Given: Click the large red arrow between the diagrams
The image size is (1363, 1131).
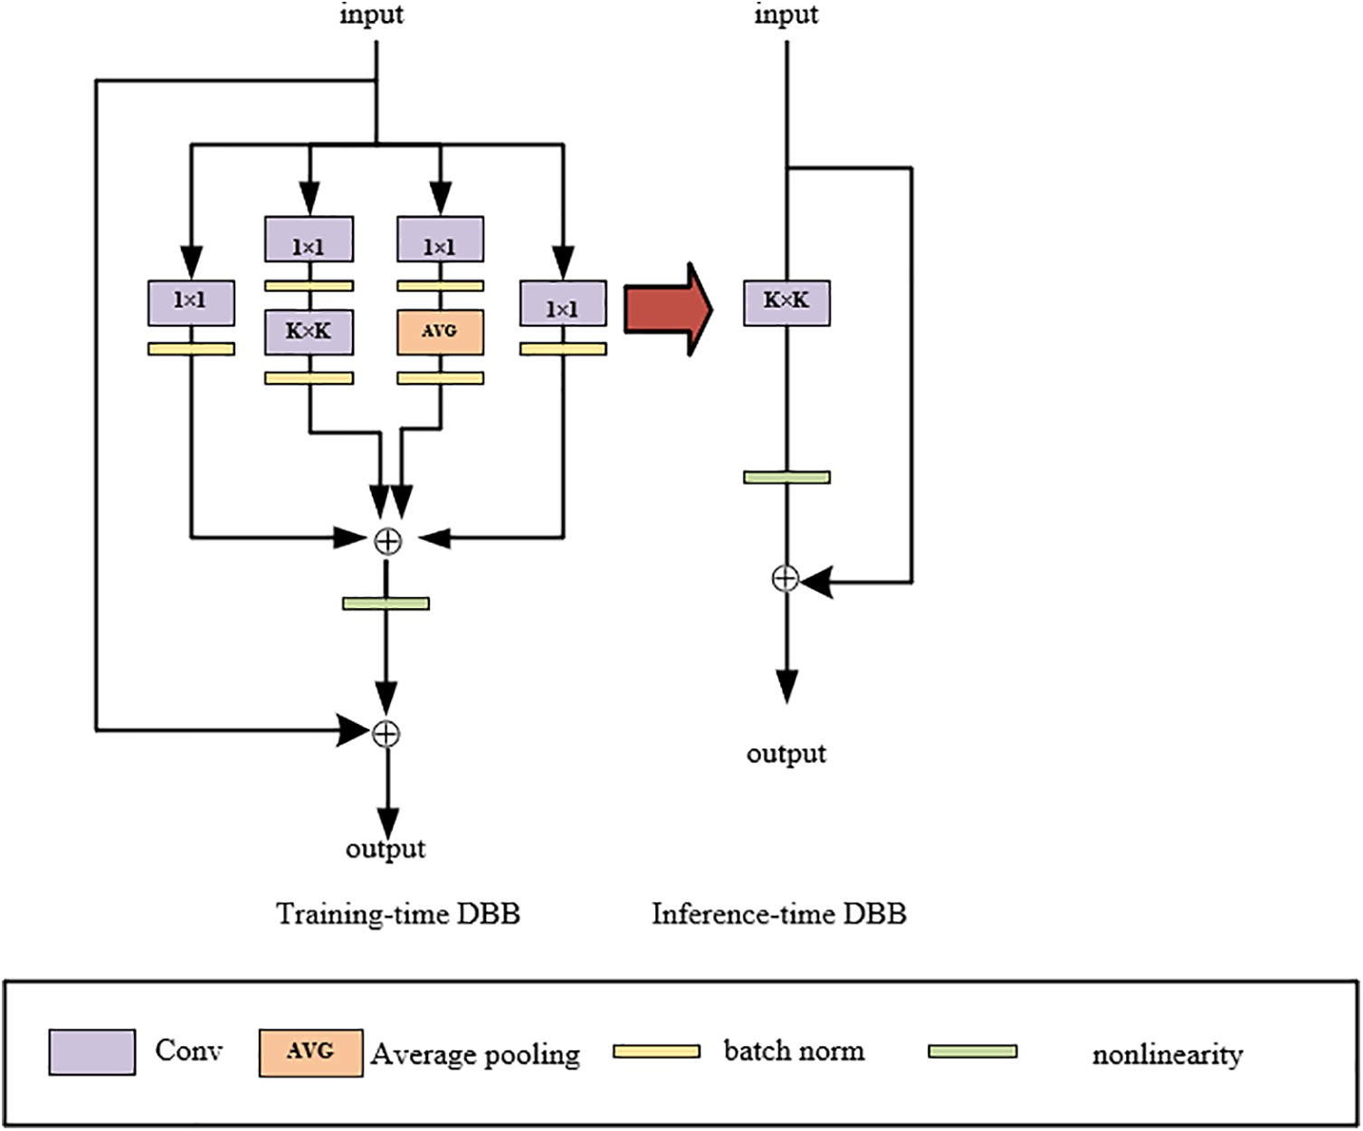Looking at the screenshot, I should click(x=668, y=309).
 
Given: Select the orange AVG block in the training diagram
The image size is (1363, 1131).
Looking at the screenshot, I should click(x=440, y=332).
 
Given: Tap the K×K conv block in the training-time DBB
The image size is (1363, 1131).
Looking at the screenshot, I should click(x=309, y=332).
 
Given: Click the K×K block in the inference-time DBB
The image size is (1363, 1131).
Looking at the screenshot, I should click(x=786, y=302).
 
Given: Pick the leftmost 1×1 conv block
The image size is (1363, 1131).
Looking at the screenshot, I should click(x=191, y=302).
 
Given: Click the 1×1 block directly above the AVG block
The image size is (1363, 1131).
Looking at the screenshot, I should click(x=440, y=240).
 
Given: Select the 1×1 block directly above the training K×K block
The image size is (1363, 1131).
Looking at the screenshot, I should click(x=309, y=240).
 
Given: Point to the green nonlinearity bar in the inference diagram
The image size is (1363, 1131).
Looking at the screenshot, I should click(x=786, y=477).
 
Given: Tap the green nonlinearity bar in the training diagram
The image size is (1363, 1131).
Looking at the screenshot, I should click(x=386, y=603).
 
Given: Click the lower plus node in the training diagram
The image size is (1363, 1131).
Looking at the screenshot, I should click(x=386, y=732).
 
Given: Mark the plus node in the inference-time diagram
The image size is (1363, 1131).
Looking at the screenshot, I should click(x=786, y=578).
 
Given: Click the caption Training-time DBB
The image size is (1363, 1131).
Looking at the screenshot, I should click(x=398, y=914).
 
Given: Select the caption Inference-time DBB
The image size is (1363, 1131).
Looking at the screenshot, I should click(x=778, y=914).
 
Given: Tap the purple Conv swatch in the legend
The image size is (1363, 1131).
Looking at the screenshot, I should click(x=92, y=1051).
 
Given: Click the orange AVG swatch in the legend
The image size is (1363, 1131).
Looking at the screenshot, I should click(x=310, y=1052).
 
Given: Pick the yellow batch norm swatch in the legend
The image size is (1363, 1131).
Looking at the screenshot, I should click(x=656, y=1051).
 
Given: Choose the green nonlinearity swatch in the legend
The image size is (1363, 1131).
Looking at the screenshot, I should click(x=972, y=1051).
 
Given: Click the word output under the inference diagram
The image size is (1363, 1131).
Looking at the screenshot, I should click(x=786, y=754).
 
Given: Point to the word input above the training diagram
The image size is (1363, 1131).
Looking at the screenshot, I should click(x=372, y=14).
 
